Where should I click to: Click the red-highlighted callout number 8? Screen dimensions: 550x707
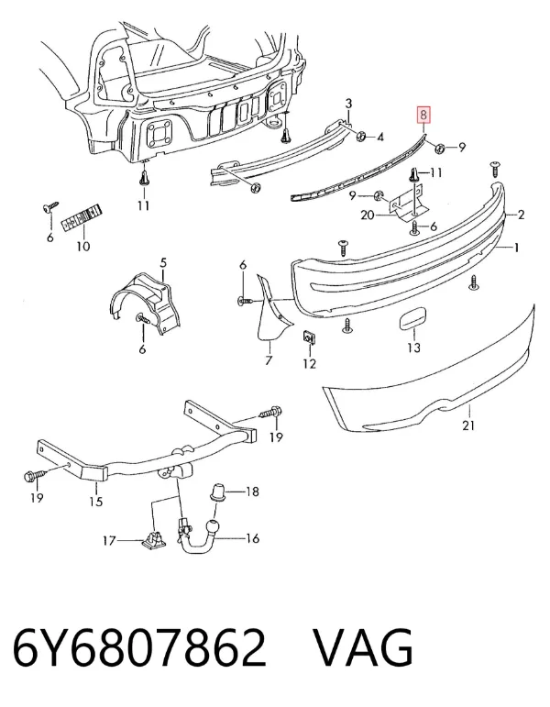423,115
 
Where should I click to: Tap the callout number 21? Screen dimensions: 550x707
468,425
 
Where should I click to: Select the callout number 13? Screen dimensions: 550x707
413,348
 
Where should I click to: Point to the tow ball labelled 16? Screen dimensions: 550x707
211,526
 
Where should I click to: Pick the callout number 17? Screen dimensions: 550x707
110,540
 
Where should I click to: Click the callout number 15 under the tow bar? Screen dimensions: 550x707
96,501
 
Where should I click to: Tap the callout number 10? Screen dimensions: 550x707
83,246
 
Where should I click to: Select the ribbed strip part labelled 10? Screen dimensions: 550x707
82,217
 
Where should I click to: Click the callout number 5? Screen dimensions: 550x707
163,262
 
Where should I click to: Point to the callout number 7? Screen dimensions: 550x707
269,360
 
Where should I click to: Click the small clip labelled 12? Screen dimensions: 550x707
308,337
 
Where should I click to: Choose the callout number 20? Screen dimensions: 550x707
368,215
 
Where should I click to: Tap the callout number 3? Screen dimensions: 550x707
348,104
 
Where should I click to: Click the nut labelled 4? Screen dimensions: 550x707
361,136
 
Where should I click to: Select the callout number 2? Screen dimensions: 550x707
522,215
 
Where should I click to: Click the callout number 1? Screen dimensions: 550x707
517,248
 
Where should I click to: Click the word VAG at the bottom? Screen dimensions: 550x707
363,648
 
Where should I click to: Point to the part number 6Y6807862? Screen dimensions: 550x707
139,648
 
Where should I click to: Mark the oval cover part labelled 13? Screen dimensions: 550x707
410,320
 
